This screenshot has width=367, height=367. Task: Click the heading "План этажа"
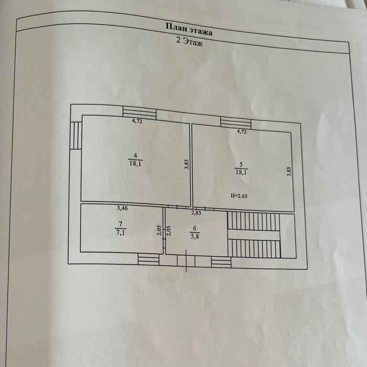(189, 30)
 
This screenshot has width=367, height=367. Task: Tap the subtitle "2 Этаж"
(189, 43)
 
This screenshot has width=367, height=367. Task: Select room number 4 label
(135, 155)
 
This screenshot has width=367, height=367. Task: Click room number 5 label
(241, 165)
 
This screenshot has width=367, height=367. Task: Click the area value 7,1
(120, 233)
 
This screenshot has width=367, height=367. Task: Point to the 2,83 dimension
(196, 213)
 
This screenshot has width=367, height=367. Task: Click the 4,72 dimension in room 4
(137, 121)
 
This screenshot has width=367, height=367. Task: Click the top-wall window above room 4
(139, 113)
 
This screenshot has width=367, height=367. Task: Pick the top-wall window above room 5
(235, 123)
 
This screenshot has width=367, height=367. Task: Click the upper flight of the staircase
(253, 221)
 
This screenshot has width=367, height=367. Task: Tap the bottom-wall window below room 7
(148, 259)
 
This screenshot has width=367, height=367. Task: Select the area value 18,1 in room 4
(135, 163)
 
